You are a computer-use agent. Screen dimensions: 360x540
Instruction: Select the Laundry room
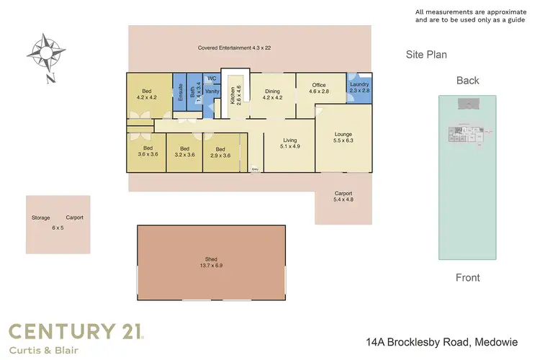click(359, 88)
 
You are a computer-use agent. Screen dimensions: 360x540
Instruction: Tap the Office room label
click(318, 89)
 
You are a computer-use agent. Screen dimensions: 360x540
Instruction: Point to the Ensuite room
click(180, 91)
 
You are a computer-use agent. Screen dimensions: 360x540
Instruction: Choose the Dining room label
click(272, 94)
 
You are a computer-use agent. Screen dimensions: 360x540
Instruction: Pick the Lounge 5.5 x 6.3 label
click(342, 138)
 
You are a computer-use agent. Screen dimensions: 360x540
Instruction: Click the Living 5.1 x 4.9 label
click(289, 143)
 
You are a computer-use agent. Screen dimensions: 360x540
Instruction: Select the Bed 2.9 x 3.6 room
click(220, 153)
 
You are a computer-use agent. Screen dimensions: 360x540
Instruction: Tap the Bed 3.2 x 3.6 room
click(184, 153)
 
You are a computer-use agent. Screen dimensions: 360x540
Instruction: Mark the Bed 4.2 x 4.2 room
click(147, 94)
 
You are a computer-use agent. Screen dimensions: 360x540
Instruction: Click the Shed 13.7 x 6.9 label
click(211, 262)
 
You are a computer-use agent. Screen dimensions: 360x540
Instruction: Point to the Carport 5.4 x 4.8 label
click(343, 197)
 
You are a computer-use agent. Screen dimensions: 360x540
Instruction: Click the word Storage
click(40, 217)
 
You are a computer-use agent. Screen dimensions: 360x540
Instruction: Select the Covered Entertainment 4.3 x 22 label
click(234, 48)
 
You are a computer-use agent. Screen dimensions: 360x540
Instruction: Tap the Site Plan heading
click(427, 54)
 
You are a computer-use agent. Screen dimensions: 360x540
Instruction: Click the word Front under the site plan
click(467, 277)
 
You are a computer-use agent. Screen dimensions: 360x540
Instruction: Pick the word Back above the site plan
click(467, 81)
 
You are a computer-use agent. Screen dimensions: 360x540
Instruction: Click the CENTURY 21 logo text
click(76, 331)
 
